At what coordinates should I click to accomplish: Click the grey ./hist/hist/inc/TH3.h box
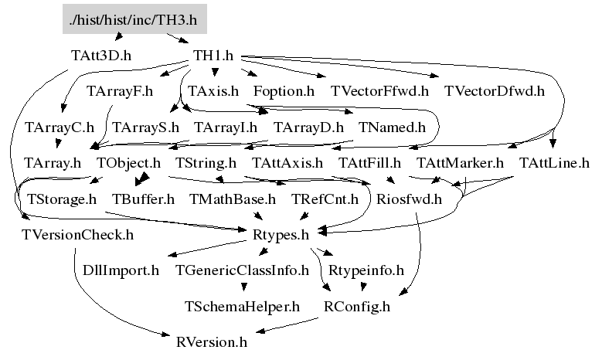point(134,19)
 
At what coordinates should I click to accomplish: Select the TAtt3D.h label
point(101,56)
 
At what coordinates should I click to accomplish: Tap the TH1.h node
point(213,56)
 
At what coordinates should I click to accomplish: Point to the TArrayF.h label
point(120,91)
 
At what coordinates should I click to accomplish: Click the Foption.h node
point(284,91)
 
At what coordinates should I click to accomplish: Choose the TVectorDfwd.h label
point(495,91)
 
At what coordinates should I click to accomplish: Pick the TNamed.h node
point(392,127)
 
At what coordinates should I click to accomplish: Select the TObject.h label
point(128,163)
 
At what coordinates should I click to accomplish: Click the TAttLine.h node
point(554,163)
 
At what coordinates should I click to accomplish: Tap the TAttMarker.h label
point(461,163)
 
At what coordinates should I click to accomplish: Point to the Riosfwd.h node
point(410,199)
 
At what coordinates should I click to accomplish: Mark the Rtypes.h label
point(281,235)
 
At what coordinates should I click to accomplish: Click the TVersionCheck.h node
point(78,235)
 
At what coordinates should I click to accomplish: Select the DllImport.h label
point(121,270)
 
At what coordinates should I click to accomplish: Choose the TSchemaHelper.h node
point(242,307)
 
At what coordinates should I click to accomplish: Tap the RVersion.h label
point(212,342)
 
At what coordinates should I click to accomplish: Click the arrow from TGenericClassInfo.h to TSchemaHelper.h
point(243,287)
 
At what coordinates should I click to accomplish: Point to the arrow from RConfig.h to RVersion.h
point(287,325)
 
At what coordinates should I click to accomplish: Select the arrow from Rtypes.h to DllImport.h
point(207,249)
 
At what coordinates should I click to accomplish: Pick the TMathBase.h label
point(233,199)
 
